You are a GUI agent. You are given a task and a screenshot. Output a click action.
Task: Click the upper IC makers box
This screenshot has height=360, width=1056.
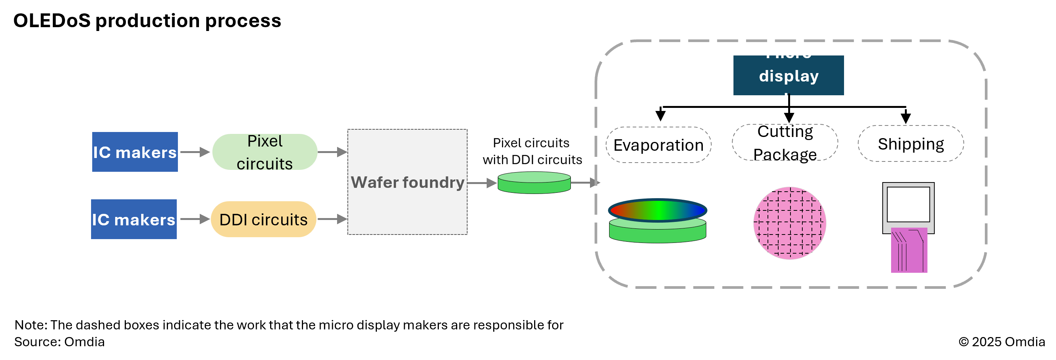coord(135,152)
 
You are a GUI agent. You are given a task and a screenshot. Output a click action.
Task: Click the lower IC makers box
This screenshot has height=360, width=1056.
coord(134,219)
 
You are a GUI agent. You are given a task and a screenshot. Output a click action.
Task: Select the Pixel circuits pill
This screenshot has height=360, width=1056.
coord(265,152)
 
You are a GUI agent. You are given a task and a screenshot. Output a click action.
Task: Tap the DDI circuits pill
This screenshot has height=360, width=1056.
coord(263,219)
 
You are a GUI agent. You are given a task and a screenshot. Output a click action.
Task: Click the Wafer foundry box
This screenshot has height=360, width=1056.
coord(407,182)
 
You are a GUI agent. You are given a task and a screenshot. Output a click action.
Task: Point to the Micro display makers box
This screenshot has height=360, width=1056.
coord(788,75)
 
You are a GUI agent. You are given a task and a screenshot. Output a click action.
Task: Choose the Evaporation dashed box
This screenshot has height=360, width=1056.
coord(658,145)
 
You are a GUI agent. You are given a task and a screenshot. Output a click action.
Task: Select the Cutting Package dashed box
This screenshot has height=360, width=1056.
coord(785,143)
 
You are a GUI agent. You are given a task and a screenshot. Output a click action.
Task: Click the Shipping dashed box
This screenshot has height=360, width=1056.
coord(911,144)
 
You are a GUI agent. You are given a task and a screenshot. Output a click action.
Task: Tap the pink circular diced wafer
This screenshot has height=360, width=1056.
coord(790,223)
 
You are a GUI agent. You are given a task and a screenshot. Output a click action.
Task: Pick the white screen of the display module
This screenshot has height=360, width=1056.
coord(908,204)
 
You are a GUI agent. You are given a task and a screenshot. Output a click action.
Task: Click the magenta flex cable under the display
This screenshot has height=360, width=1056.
coord(909,251)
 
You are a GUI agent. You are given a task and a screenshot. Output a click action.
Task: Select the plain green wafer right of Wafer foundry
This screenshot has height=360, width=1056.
coord(534,183)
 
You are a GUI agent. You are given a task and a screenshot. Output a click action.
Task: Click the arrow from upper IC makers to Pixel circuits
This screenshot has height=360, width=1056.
coord(195,152)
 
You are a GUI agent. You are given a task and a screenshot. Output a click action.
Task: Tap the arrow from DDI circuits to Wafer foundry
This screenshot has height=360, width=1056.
coord(332,219)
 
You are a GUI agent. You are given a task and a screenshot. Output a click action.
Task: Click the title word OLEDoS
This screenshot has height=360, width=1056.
coord(52,21)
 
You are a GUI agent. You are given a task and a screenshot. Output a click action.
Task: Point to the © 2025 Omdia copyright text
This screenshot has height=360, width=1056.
coord(1002,342)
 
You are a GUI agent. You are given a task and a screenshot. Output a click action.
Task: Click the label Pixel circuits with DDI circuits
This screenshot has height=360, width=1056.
coord(532,151)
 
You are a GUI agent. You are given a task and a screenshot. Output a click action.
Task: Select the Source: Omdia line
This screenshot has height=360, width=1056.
coord(59,342)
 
